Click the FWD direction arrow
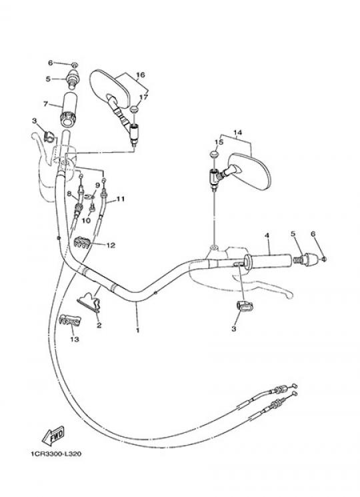coord(53,436)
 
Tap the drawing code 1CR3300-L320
coord(56,454)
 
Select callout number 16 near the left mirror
coord(141,75)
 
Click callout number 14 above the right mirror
coord(237,132)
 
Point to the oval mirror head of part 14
coord(250,171)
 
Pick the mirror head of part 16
coord(110,87)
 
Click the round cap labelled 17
coord(135,109)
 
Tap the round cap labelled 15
coord(215,155)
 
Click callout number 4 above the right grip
coord(267,235)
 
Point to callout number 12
coord(111,245)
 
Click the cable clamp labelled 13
coord(70,320)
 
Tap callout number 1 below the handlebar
coord(137,330)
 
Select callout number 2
coord(99,325)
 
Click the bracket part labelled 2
coord(89,302)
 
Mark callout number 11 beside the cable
coord(120,199)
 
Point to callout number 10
coord(86,220)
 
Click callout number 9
coord(97,185)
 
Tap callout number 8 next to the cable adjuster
coord(69,193)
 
